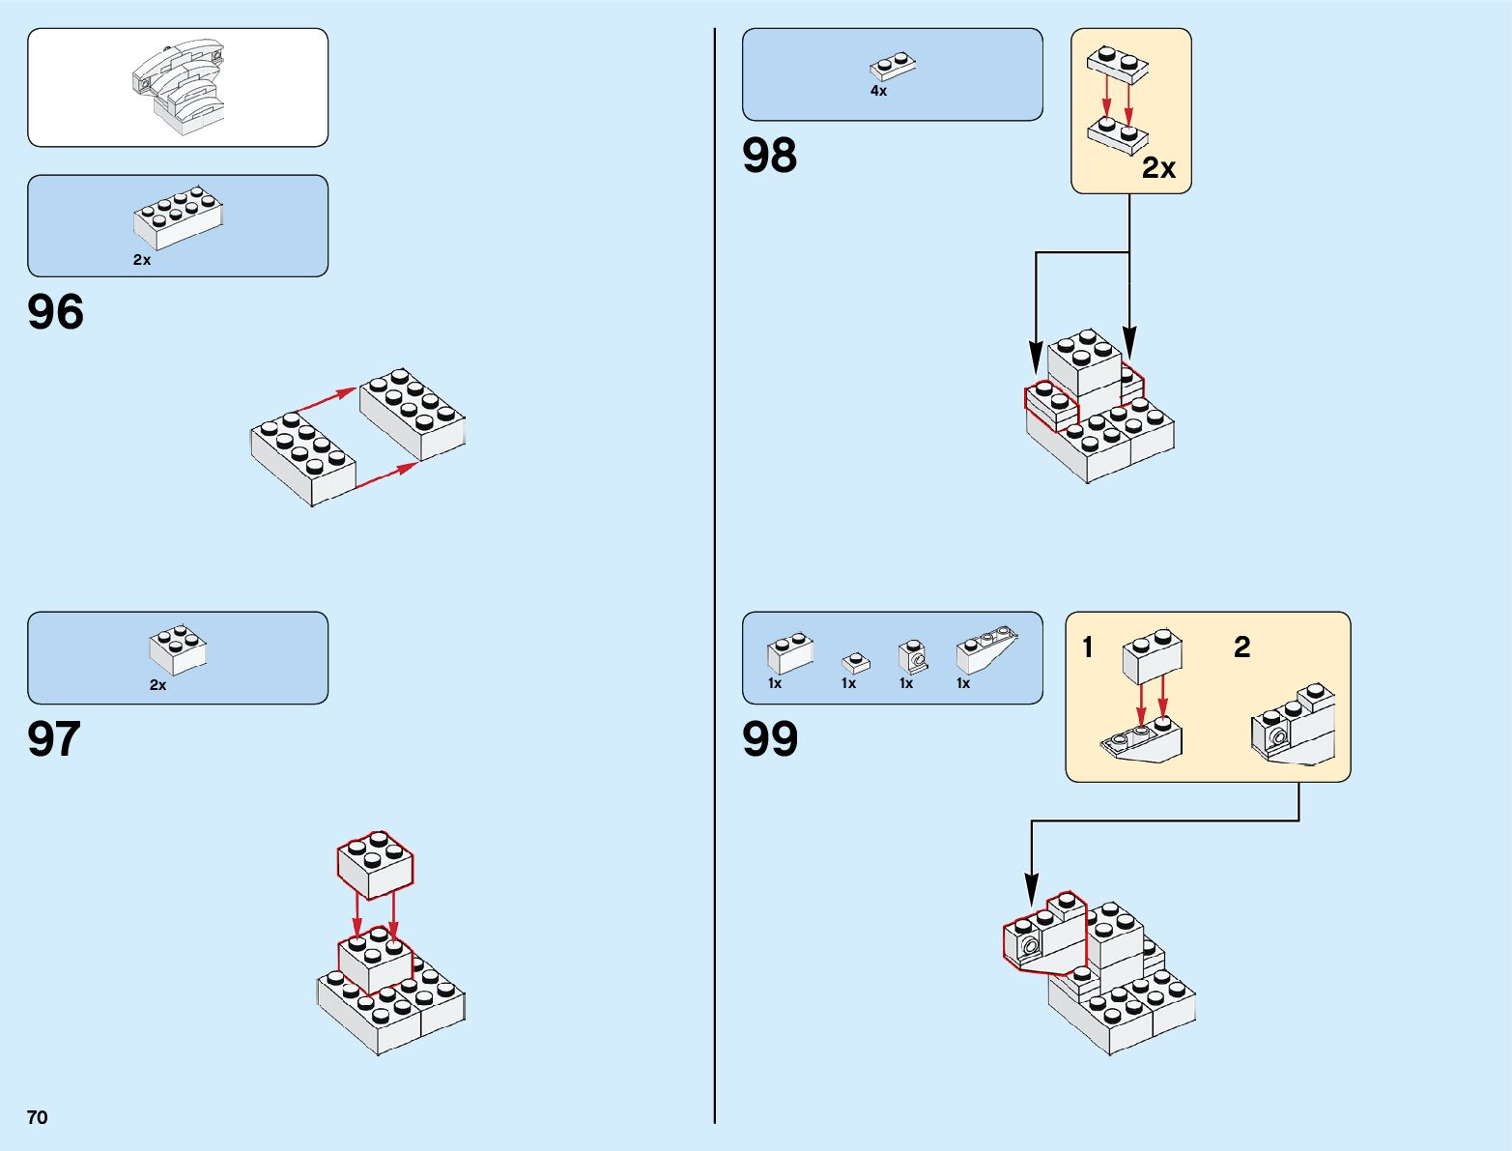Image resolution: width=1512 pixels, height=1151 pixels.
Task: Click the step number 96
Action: tap(56, 312)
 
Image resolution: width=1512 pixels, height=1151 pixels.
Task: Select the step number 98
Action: tap(770, 156)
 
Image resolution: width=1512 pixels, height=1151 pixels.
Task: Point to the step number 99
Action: tap(770, 739)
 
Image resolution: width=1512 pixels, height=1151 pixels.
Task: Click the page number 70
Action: tap(38, 1117)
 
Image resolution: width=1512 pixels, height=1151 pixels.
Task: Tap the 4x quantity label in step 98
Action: tap(878, 91)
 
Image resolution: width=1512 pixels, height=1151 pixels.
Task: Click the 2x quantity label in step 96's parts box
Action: tap(142, 260)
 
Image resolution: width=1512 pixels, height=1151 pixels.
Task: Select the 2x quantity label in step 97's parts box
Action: tap(157, 685)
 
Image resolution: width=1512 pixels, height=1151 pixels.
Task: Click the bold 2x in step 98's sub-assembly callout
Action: tap(1158, 168)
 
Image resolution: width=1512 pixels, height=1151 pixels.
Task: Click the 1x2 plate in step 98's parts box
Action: tap(893, 66)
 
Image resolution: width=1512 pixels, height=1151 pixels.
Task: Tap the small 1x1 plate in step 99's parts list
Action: tap(855, 663)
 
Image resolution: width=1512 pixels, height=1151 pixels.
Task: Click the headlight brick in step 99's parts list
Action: tap(912, 656)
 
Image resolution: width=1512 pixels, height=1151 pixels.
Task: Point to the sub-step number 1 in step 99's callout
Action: tap(1088, 647)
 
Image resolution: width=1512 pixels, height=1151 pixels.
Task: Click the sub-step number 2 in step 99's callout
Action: tap(1242, 647)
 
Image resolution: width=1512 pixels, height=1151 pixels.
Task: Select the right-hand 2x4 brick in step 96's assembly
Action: tap(413, 413)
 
